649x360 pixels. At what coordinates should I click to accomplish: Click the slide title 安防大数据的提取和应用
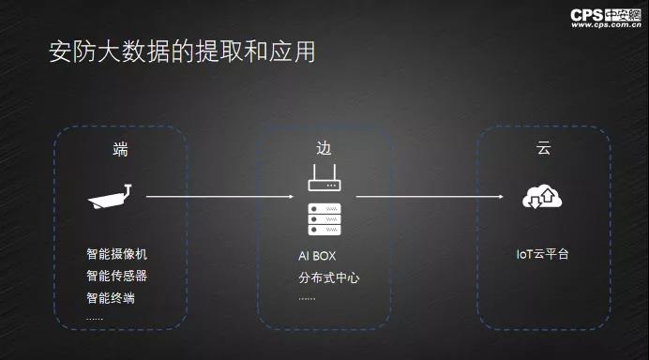pyautogui.click(x=182, y=52)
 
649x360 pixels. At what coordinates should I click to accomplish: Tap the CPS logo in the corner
pyautogui.click(x=606, y=15)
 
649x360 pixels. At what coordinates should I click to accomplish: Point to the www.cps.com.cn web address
pyautogui.click(x=606, y=25)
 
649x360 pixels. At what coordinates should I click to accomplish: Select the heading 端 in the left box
pyautogui.click(x=120, y=149)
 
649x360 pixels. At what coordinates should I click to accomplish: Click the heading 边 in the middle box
pyautogui.click(x=324, y=148)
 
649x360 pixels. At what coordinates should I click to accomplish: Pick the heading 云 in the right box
pyautogui.click(x=543, y=148)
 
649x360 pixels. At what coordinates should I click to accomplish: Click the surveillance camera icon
pyautogui.click(x=110, y=197)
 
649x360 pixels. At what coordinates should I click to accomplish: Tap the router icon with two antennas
pyautogui.click(x=324, y=177)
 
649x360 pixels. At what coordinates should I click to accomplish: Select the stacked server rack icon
pyautogui.click(x=324, y=219)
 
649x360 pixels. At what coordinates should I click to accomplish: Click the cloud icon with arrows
pyautogui.click(x=542, y=197)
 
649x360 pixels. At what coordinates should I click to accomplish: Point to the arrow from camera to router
pyautogui.click(x=219, y=197)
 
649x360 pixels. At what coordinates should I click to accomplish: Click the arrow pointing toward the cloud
pyautogui.click(x=430, y=197)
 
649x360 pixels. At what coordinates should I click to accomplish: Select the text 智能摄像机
pyautogui.click(x=116, y=254)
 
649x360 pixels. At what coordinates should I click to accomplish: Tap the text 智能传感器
pyautogui.click(x=116, y=276)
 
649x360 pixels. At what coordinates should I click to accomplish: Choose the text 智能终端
pyautogui.click(x=111, y=298)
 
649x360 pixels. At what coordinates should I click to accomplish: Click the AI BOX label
pyautogui.click(x=317, y=256)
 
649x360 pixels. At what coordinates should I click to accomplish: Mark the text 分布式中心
pyautogui.click(x=329, y=277)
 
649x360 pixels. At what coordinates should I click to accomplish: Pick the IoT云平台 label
pyautogui.click(x=542, y=254)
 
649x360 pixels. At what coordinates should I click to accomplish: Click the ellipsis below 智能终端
pyautogui.click(x=95, y=319)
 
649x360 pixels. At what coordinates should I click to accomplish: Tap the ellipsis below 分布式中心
pyautogui.click(x=307, y=298)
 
